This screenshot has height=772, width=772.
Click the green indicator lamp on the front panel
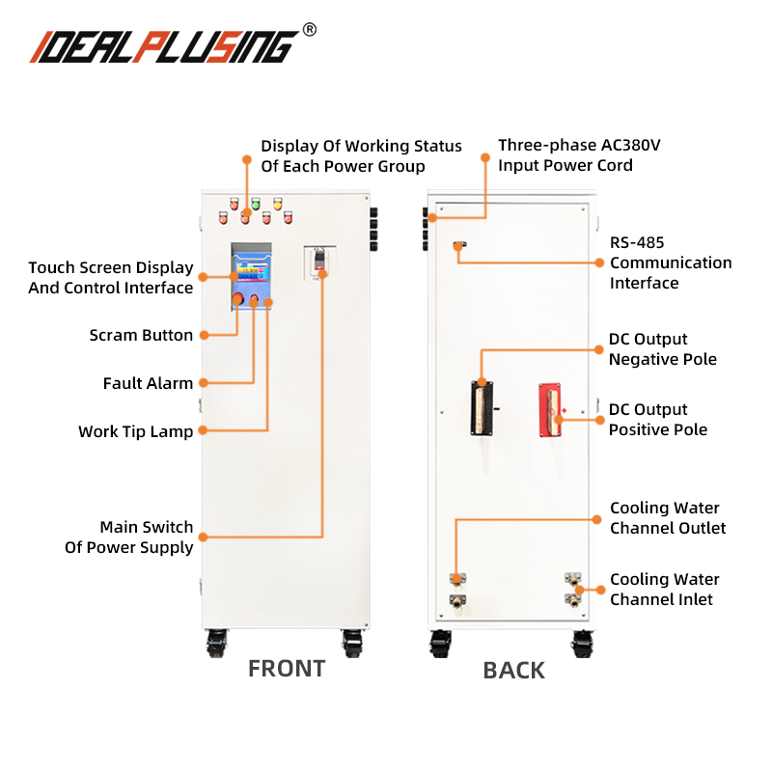click(x=256, y=204)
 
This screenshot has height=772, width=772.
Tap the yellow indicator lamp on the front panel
click(x=277, y=203)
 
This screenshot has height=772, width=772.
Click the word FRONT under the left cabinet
click(x=287, y=668)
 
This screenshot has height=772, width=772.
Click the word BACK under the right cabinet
click(x=513, y=670)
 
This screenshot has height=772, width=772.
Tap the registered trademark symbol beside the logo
click(x=309, y=30)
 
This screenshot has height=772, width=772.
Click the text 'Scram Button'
click(x=141, y=336)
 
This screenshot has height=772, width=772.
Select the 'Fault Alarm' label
click(x=148, y=383)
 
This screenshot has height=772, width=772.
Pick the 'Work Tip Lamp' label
click(x=135, y=431)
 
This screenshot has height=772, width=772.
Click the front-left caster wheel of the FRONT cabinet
click(x=217, y=641)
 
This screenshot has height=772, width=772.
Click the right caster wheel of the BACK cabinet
click(x=582, y=641)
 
